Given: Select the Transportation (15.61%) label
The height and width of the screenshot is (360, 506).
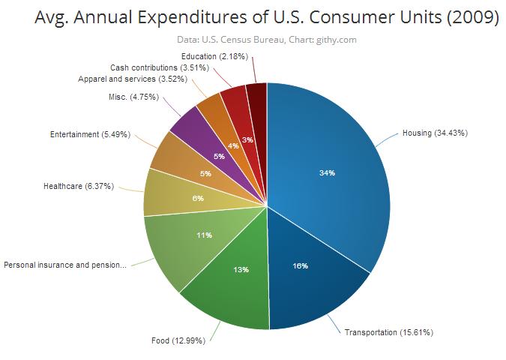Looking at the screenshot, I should [x=389, y=332].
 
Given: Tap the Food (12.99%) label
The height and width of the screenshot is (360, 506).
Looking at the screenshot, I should [x=178, y=342].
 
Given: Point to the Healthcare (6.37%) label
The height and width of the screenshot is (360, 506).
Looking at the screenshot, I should [x=79, y=186].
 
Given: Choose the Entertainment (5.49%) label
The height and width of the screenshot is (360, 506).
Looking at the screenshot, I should [x=91, y=135].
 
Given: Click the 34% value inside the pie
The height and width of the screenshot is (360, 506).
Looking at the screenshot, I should [x=327, y=173].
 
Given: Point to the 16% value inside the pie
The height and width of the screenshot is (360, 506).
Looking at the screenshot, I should [x=300, y=266].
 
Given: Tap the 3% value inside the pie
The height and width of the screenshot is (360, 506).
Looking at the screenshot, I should [x=247, y=140].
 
